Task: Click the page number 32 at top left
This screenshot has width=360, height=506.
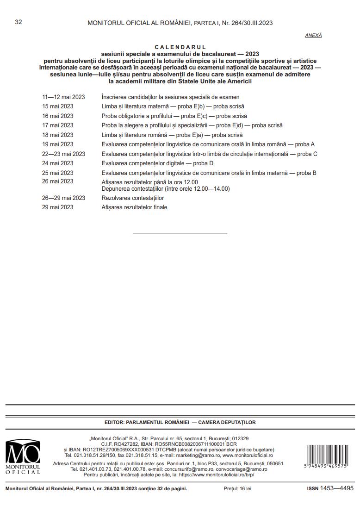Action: (x=19, y=22)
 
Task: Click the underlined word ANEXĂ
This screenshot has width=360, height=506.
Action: (x=313, y=36)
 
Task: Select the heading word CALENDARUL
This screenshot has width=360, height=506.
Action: (x=180, y=47)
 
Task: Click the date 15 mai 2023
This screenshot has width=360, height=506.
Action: (x=57, y=106)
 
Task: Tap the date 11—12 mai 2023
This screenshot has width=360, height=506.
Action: (x=63, y=97)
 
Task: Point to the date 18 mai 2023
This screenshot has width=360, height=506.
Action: (x=57, y=135)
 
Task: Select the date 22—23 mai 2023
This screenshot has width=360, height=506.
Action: (x=63, y=154)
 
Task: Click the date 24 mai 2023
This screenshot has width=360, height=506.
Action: (x=57, y=163)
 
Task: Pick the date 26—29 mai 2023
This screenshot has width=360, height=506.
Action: (x=63, y=198)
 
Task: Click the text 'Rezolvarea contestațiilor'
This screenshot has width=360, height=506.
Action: (x=132, y=198)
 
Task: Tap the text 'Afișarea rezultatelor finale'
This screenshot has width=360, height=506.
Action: (x=134, y=207)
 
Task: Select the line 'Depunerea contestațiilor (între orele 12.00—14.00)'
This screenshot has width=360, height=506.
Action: (x=166, y=188)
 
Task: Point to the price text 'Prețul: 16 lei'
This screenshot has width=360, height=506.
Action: (x=237, y=488)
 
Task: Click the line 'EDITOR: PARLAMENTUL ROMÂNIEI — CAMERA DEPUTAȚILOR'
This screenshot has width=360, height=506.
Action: (x=180, y=422)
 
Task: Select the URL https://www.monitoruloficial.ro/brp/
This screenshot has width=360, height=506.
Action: (x=216, y=475)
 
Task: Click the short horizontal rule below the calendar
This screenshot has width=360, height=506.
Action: (x=180, y=234)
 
